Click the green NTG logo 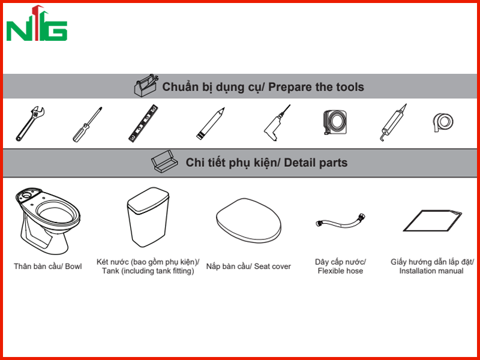click(37, 24)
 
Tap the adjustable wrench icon click(29, 124)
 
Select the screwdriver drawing click(87, 125)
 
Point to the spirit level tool click(143, 124)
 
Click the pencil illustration click(211, 124)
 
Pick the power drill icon click(277, 123)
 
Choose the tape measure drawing click(335, 122)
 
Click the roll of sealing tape click(443, 122)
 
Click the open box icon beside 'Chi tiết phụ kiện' click(164, 161)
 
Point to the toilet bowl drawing click(47, 221)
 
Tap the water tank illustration click(148, 217)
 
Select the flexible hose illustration click(340, 220)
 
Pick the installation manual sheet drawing click(432, 221)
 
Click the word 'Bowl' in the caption click(73, 266)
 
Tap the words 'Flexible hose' click(340, 271)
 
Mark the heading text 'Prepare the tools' click(316, 87)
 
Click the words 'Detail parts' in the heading click(316, 163)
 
